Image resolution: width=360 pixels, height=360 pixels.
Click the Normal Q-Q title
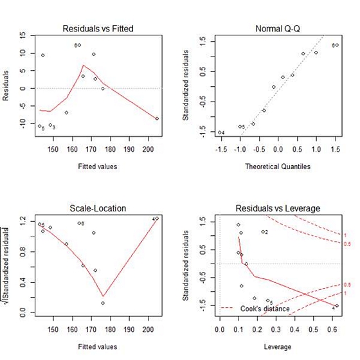[x=278, y=29]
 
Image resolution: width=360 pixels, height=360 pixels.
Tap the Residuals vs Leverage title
[x=278, y=208]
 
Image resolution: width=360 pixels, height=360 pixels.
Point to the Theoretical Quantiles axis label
[x=278, y=166]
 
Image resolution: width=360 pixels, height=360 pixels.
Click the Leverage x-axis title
[x=278, y=346]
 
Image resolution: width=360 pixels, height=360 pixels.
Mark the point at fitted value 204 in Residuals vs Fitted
[x=157, y=118]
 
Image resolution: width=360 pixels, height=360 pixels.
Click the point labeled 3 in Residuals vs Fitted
[x=50, y=125]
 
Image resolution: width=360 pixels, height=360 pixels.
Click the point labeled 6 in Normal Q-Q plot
[x=337, y=45]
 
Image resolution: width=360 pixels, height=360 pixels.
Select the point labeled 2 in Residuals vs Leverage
[x=262, y=231]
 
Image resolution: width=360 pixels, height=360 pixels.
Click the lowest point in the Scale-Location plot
[x=103, y=303]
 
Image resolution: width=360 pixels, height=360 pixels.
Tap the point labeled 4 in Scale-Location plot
[x=157, y=219]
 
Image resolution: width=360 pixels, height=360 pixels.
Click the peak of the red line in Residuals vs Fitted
[x=83, y=65]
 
